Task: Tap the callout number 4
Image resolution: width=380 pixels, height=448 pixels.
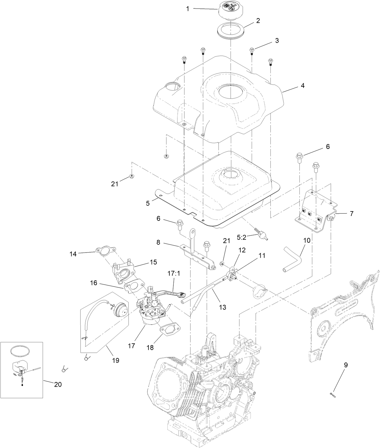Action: [x=302, y=86]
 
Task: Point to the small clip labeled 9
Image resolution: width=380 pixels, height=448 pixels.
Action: [x=333, y=394]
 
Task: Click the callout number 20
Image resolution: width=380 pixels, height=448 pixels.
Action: [x=58, y=384]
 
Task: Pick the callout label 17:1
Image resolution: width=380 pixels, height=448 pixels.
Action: [x=173, y=273]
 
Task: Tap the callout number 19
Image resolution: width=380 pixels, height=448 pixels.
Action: [x=115, y=360]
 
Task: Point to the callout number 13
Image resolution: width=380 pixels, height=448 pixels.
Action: [x=222, y=307]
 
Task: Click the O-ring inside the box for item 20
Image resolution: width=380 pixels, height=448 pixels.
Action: [x=21, y=351]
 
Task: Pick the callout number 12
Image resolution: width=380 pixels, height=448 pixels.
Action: [x=242, y=250]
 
